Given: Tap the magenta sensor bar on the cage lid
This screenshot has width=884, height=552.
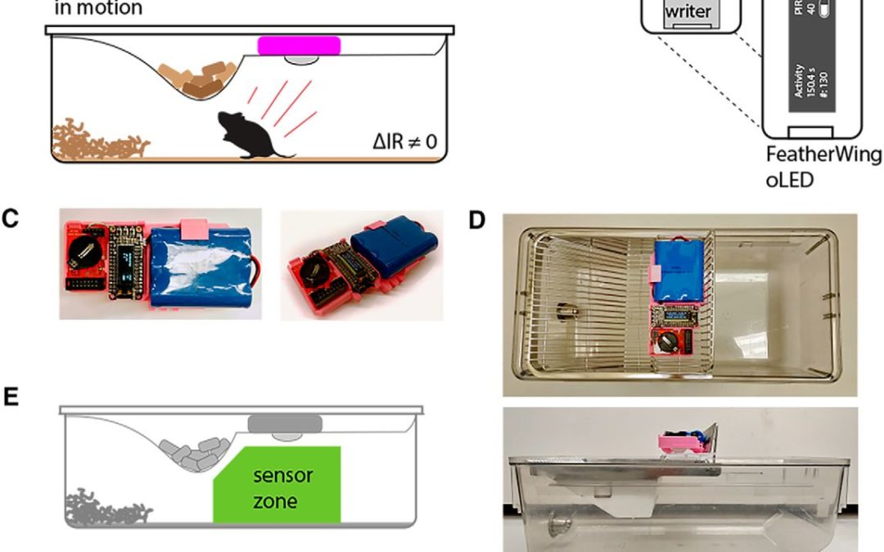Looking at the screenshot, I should (300, 44).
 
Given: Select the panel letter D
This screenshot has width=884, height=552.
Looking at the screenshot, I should (476, 221).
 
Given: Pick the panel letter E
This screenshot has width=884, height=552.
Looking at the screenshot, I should (11, 397).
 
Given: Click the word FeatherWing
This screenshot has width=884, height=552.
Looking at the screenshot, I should (823, 156).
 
